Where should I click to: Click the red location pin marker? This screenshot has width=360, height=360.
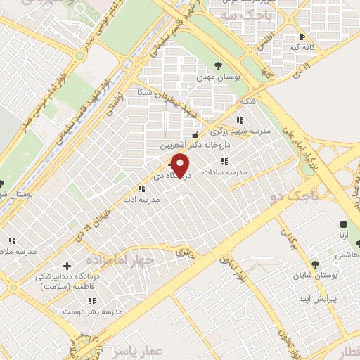coord(181,165)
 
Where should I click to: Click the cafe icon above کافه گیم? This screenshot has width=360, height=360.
coord(302,37)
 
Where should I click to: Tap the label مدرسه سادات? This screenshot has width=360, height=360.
coord(224,171)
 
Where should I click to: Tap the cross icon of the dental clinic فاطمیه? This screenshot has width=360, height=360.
coord(67,266)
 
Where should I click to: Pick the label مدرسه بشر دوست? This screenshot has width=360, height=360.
coord(103,310)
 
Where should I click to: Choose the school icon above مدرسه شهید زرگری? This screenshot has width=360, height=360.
coord(240,120)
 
